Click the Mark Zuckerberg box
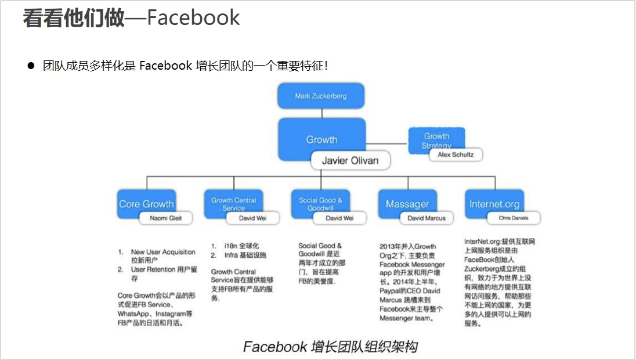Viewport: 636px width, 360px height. (x=321, y=96)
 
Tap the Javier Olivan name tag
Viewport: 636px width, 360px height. (x=350, y=161)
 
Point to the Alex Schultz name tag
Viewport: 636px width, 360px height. (x=456, y=155)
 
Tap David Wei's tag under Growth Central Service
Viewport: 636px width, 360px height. (x=252, y=218)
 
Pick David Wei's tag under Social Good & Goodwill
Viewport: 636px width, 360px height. (x=339, y=218)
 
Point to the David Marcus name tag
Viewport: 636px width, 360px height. (x=427, y=218)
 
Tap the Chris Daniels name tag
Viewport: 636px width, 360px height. (x=513, y=218)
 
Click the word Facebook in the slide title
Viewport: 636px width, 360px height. (x=193, y=18)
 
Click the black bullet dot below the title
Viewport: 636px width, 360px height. (x=31, y=66)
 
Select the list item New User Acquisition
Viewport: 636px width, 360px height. (x=163, y=252)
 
